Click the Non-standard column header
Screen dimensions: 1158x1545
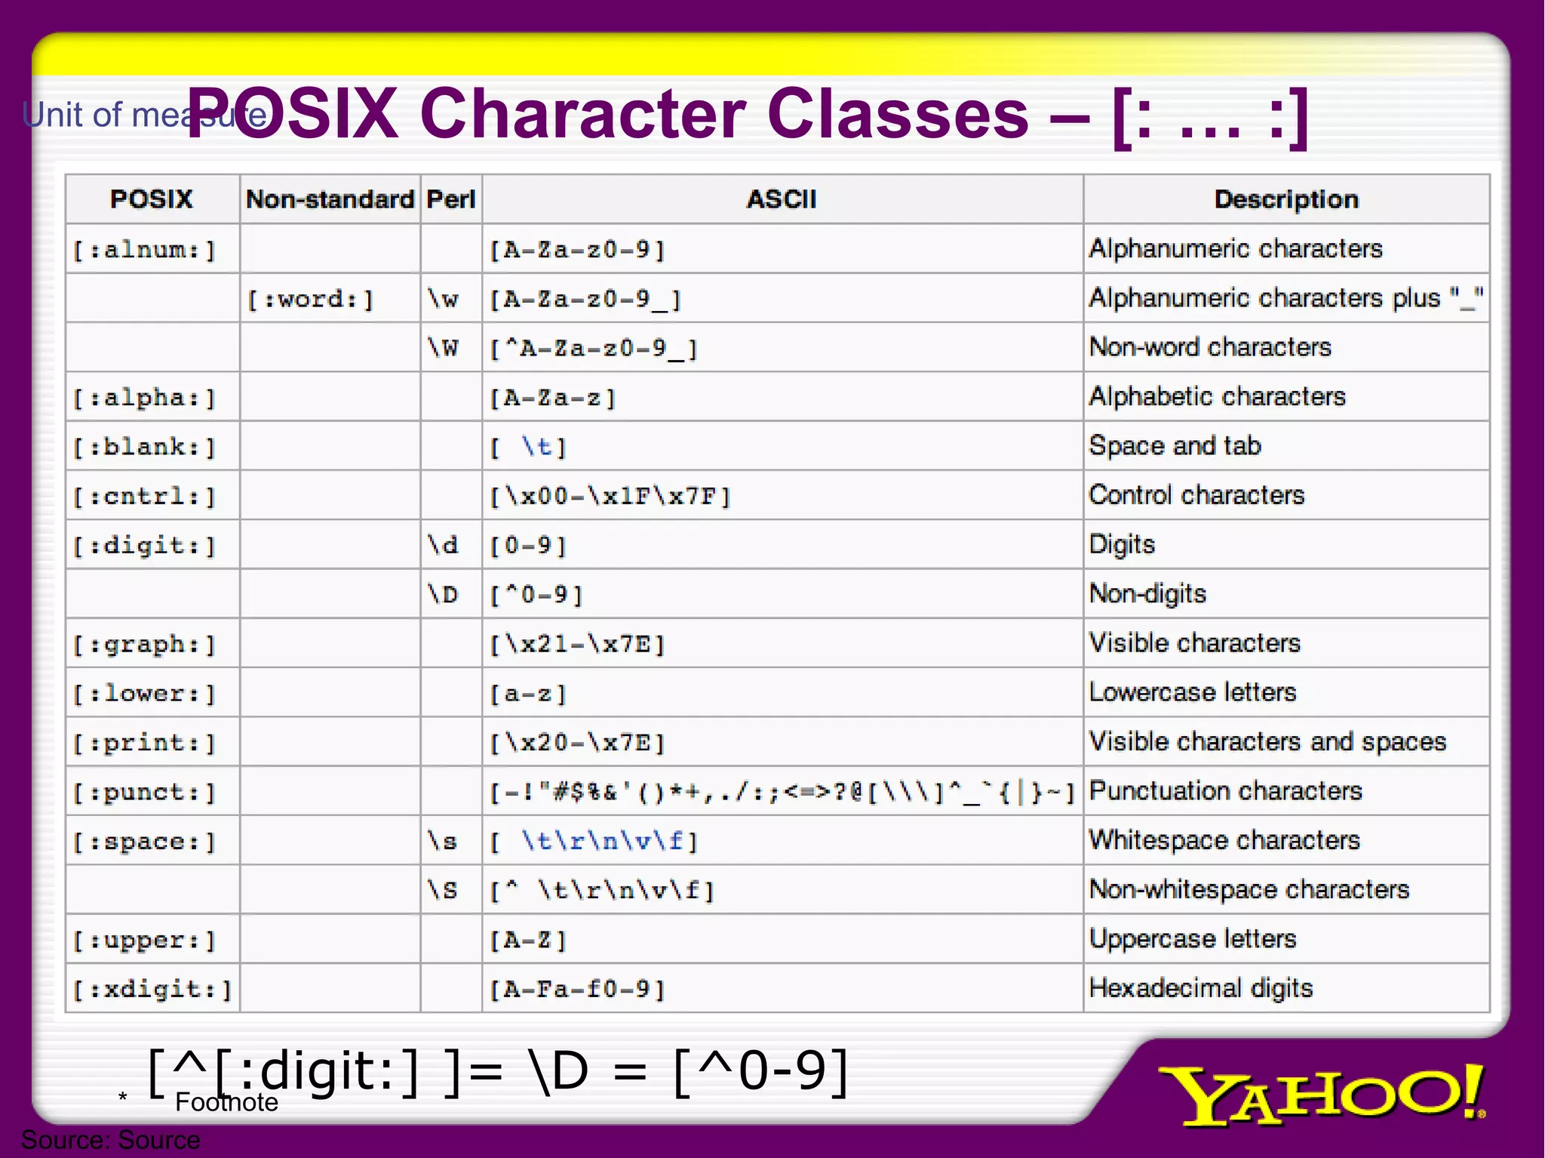(x=330, y=199)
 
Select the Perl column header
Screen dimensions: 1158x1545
(x=450, y=199)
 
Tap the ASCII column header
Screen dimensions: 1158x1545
(x=782, y=199)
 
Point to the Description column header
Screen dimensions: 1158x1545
(x=1286, y=199)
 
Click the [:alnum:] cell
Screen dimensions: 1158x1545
(x=144, y=249)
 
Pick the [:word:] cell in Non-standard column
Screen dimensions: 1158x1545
(x=311, y=299)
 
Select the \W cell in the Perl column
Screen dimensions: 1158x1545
(x=443, y=348)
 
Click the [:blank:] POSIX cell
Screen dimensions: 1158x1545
(x=144, y=447)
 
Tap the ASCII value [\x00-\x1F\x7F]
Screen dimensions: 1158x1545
(x=610, y=496)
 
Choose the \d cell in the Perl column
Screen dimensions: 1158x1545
(x=443, y=545)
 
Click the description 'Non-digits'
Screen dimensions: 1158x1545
(x=1147, y=594)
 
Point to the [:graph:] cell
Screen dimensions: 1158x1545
(x=144, y=644)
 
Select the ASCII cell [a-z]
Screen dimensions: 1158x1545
(x=528, y=693)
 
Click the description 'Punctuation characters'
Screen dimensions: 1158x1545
(x=1226, y=791)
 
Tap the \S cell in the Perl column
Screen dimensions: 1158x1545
(x=443, y=890)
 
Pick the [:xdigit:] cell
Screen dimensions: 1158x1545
(x=152, y=989)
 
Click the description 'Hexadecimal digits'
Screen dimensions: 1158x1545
(x=1201, y=988)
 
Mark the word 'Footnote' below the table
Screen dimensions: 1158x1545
(x=226, y=1103)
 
